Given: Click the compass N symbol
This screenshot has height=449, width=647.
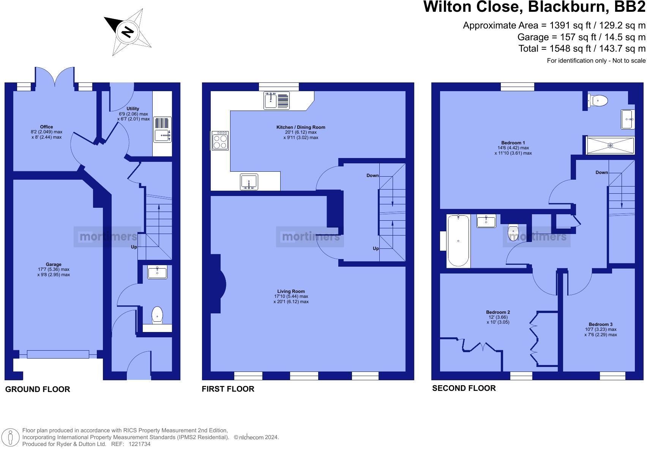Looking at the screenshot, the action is coord(127,32).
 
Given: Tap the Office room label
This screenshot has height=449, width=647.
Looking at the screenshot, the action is coord(46,127).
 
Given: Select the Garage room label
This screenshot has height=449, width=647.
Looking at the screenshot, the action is coord(54,264).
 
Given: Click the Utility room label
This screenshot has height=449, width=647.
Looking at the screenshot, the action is coord(133,109).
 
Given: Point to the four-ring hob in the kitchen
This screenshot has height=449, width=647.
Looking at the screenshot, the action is coord(220,141).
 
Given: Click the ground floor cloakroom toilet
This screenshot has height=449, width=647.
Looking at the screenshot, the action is coord(157,315).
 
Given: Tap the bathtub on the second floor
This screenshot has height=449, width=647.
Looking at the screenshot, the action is coord(458,241).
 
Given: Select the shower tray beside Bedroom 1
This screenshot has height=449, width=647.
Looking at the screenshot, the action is coord(610,145).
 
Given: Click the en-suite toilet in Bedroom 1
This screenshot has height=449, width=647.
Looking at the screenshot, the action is coord(598,101).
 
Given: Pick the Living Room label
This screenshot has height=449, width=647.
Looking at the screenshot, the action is coord(291,291).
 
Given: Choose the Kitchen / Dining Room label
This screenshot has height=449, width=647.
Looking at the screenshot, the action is coord(301,127).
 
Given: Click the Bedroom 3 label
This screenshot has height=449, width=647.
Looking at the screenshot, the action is coord(601,324).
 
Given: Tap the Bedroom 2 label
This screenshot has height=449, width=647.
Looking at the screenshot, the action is coord(498,312).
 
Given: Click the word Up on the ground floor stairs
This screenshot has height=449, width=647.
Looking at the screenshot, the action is coord(134,247).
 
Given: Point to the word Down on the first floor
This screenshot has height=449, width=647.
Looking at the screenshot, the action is coord(372,175).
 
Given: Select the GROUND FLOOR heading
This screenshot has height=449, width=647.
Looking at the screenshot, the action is coord(38,389).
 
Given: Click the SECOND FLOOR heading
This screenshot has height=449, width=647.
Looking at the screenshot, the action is coord(464,388).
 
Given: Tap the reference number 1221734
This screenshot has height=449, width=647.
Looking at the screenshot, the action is coord(139,444).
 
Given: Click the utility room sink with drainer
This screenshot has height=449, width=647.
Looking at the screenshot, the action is coord(163,130).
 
